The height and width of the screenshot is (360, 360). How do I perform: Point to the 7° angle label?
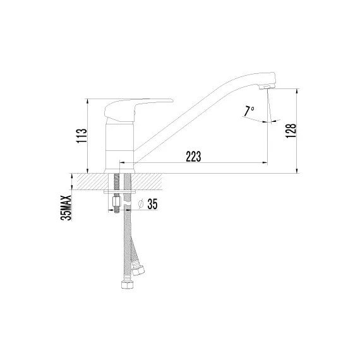click(x=249, y=111)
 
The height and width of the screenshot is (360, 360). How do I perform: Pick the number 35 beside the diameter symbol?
click(x=152, y=204)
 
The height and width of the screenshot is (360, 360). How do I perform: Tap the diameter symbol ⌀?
click(x=140, y=204)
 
